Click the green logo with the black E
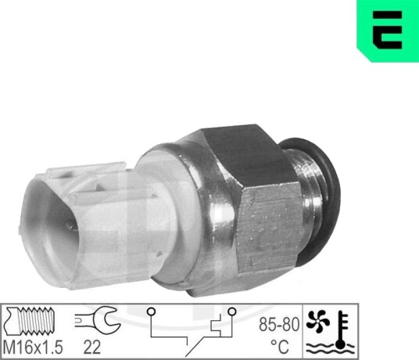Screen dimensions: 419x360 388,31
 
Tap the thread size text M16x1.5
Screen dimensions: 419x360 33,347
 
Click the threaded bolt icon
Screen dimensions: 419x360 30,321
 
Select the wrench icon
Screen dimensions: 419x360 98,319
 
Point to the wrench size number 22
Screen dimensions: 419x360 91,347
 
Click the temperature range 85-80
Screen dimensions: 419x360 279,325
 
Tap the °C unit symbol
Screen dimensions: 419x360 280,347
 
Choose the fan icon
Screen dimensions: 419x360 316,321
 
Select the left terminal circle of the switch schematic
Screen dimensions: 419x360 151,311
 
